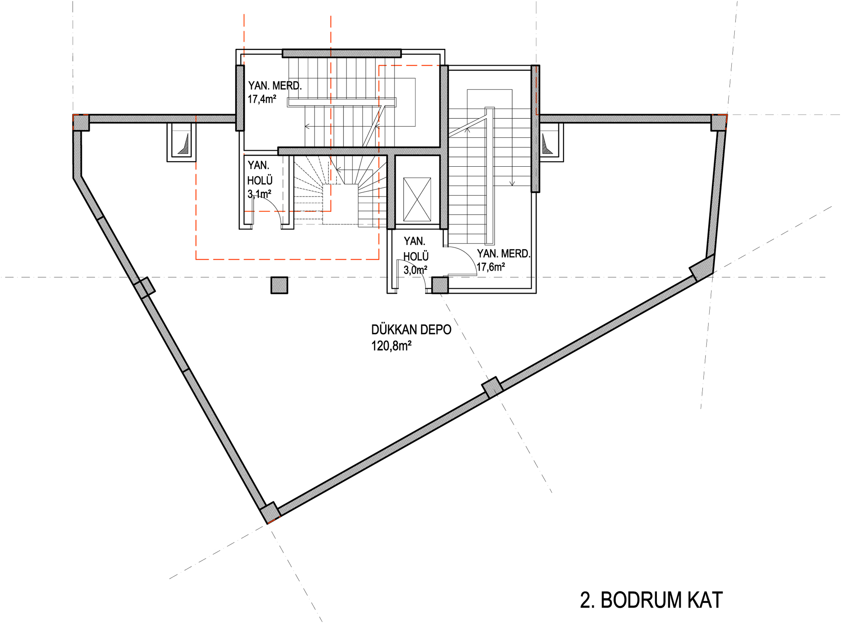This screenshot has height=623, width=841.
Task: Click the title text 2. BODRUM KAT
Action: coord(651,600)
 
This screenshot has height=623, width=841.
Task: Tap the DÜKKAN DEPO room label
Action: coord(411,330)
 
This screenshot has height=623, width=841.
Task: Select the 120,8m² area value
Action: coord(391,346)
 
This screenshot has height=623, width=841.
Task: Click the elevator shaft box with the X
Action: coord(417,200)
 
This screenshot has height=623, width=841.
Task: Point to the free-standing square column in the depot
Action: coord(279,285)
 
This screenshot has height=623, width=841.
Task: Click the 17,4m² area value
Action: coord(262,99)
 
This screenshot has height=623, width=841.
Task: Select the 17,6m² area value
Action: coord(491,267)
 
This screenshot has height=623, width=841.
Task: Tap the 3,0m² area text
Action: coord(415,270)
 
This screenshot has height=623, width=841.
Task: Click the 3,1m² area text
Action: coord(259,194)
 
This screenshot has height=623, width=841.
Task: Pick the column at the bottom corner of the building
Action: coord(270,513)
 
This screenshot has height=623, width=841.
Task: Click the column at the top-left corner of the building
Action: coord(81,122)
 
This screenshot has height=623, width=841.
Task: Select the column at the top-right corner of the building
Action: coord(719,123)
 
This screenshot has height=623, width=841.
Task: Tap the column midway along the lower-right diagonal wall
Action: coord(492,388)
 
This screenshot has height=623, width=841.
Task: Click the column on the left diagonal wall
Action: coord(144,288)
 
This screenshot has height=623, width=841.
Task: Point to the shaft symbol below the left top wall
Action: coord(181,142)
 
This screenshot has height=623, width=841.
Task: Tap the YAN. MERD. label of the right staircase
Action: coord(503,253)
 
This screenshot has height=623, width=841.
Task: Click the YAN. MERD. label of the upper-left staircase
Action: coord(275,86)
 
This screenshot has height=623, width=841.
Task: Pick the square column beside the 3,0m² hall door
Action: coord(440,285)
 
